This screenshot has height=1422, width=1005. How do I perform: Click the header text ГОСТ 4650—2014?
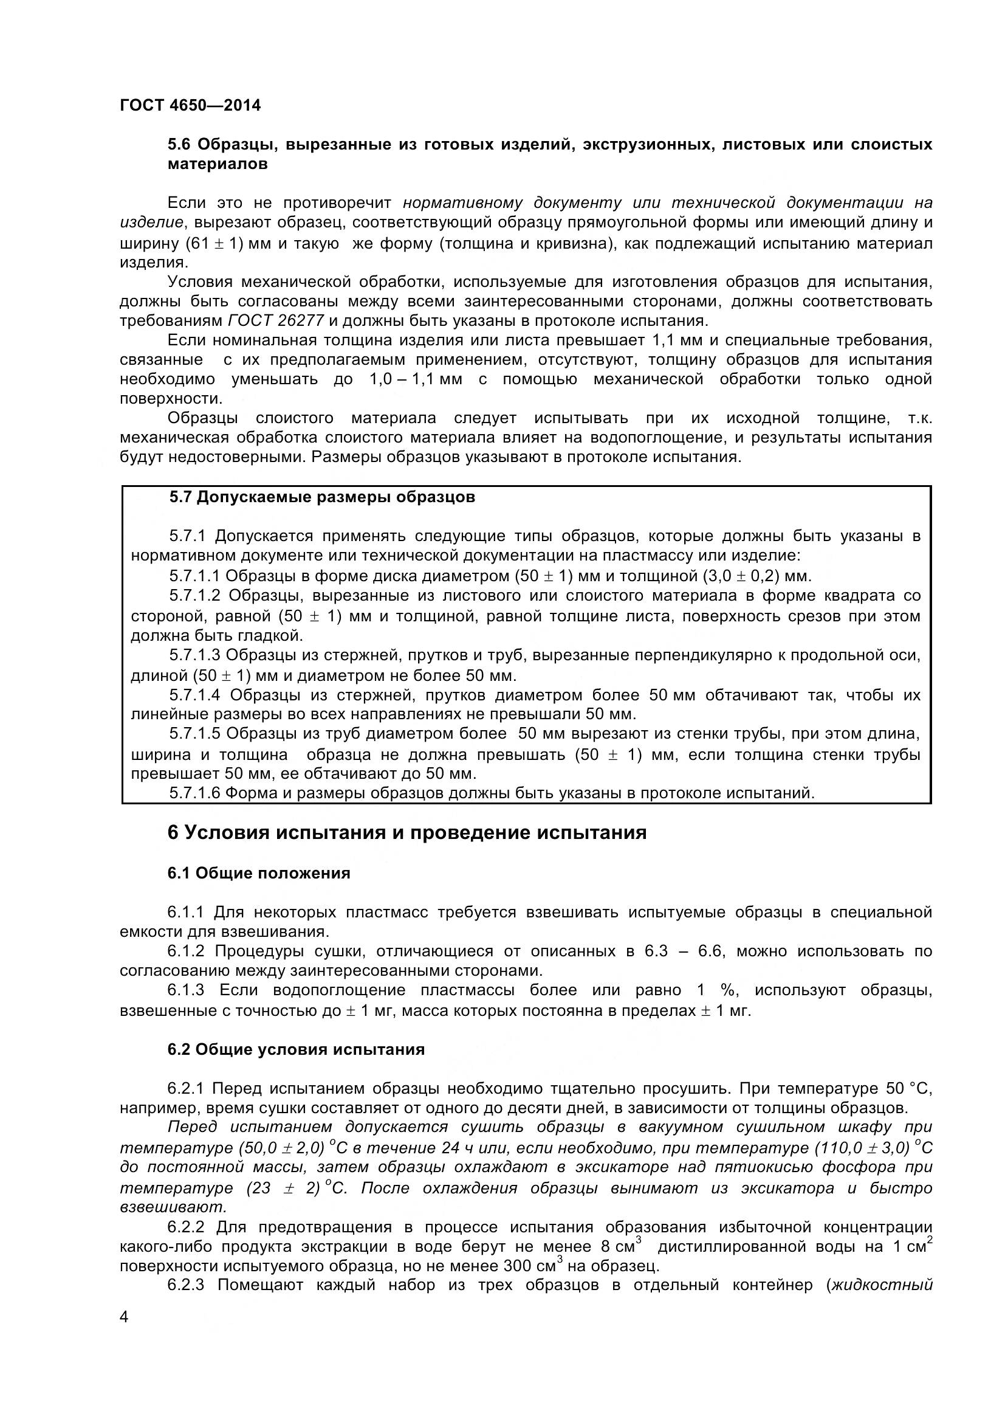(x=190, y=105)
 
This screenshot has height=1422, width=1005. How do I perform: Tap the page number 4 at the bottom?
(x=125, y=1333)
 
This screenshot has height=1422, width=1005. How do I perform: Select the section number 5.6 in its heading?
(x=180, y=145)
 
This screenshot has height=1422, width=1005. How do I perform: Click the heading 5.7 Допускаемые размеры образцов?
(x=323, y=497)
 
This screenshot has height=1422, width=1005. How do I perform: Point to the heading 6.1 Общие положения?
(x=259, y=873)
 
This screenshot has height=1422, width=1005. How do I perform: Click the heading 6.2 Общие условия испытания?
(x=296, y=1050)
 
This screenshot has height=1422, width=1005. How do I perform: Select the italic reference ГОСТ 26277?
(x=276, y=321)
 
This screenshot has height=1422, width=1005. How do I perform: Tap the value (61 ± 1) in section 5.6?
(x=213, y=243)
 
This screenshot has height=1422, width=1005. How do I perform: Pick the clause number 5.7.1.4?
(x=195, y=695)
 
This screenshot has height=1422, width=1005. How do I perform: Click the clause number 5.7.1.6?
(x=194, y=793)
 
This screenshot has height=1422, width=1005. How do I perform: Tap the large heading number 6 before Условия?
(x=173, y=833)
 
